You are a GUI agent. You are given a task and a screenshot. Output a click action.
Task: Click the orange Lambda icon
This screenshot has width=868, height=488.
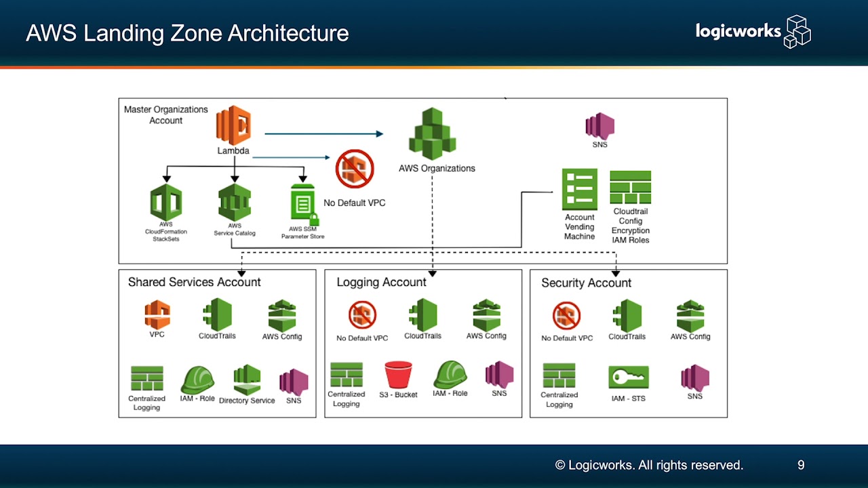(233, 125)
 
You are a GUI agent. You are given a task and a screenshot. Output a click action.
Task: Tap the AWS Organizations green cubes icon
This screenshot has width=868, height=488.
(433, 134)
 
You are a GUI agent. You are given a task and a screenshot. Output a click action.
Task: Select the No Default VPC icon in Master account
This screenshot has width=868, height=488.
(355, 169)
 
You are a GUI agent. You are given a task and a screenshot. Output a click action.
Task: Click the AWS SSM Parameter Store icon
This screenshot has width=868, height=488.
(303, 204)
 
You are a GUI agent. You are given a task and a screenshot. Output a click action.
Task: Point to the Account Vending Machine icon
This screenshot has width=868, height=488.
(580, 189)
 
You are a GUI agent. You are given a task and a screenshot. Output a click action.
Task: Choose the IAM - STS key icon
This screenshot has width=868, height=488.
(629, 378)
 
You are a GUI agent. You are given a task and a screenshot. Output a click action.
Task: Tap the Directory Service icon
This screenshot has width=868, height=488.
(247, 380)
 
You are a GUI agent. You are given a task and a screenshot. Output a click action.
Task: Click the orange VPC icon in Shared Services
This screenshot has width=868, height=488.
(157, 314)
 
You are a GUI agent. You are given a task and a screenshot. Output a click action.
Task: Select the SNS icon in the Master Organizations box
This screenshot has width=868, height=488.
(599, 126)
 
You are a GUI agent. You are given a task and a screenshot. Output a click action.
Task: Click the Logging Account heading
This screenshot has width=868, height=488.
(381, 282)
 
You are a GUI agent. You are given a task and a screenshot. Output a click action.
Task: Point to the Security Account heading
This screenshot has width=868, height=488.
(586, 283)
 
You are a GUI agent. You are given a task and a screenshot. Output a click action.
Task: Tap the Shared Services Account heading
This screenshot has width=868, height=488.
(194, 282)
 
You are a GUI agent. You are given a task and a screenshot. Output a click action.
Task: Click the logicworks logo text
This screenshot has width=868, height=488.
(738, 30)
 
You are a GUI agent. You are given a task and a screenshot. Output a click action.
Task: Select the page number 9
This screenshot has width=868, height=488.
(801, 465)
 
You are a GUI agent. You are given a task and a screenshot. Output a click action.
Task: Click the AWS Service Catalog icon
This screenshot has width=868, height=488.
(235, 202)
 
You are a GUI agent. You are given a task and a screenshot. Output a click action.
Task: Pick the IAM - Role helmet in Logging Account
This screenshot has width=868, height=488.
(450, 374)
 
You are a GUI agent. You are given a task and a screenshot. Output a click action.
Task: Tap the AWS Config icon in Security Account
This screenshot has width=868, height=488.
(690, 316)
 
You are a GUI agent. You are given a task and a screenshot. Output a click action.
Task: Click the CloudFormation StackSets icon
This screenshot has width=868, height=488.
(166, 202)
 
